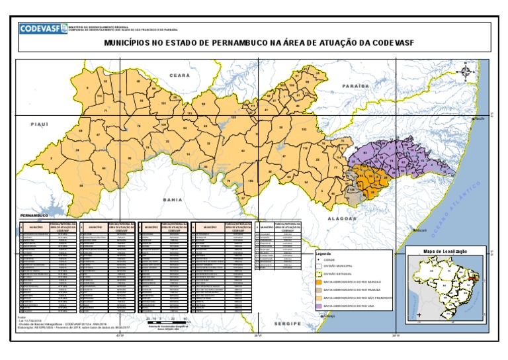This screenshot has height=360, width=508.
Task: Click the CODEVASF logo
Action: click(41, 28)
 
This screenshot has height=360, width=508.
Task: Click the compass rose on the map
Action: click(467, 71)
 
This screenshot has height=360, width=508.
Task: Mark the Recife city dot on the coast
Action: click(473, 118)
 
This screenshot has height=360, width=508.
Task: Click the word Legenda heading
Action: click(323, 253)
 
